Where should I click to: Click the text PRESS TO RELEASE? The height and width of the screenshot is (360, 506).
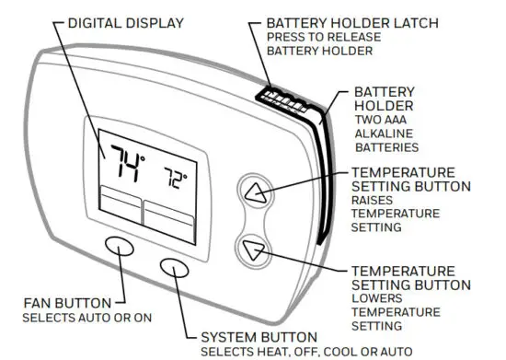320,37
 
